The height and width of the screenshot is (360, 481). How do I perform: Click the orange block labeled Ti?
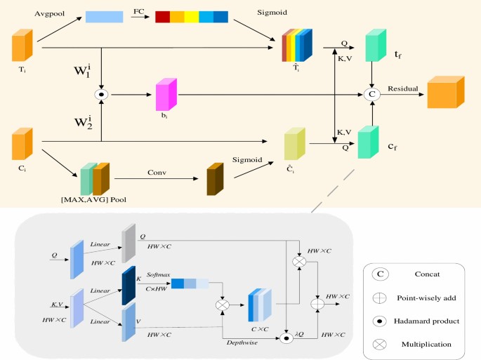(x=22, y=47)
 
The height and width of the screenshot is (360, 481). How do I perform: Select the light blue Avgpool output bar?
(x=104, y=17)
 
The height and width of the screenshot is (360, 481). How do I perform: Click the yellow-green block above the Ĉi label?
(x=294, y=145)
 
